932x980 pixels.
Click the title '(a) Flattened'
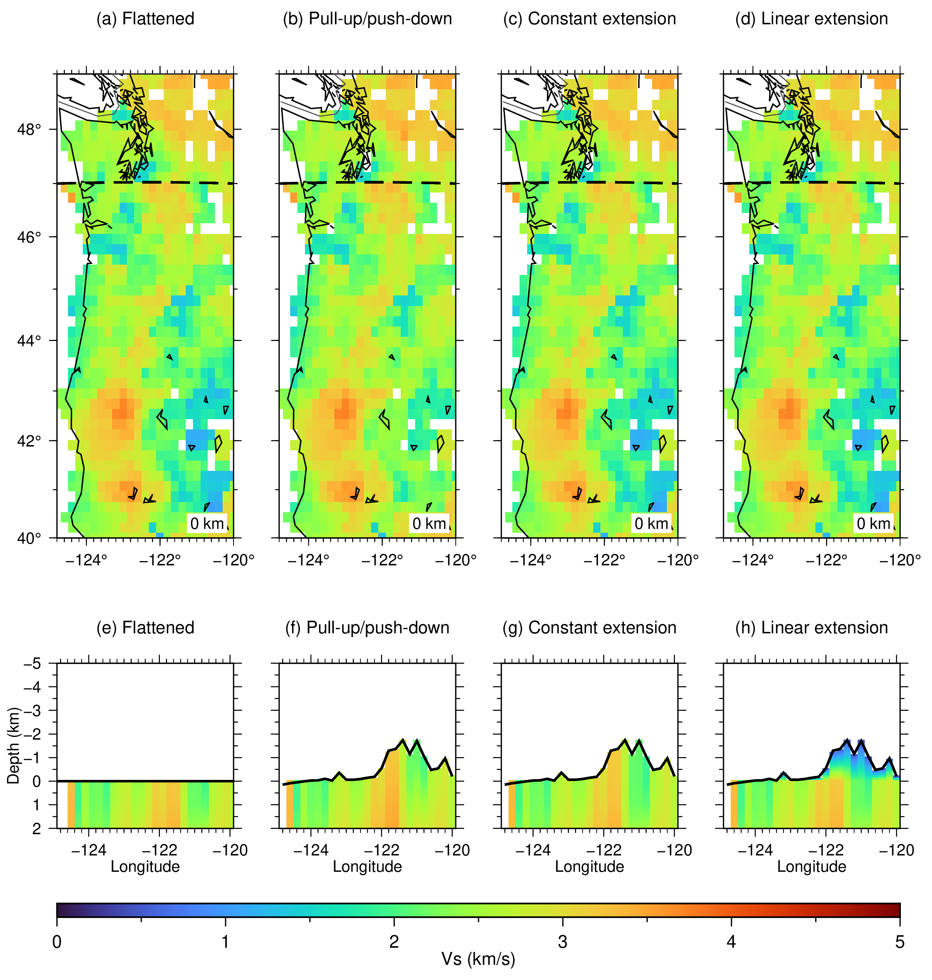tap(145, 19)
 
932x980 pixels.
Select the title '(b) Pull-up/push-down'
tap(367, 19)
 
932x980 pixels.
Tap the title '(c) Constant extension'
tap(589, 19)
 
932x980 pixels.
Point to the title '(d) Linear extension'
tap(811, 19)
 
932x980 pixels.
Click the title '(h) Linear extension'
tap(811, 628)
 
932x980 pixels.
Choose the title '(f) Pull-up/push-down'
tap(367, 628)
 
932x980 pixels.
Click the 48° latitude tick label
tap(29, 129)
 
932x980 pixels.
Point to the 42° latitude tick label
tap(29, 440)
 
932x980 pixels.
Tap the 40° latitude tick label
tap(29, 538)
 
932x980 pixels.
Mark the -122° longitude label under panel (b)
tap(382, 560)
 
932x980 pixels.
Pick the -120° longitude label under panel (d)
tap(900, 560)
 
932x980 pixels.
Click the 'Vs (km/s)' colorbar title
tap(478, 959)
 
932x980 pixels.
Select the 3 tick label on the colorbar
tap(562, 942)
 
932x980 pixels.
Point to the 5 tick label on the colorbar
tap(900, 942)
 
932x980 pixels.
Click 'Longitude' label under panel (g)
tap(589, 867)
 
